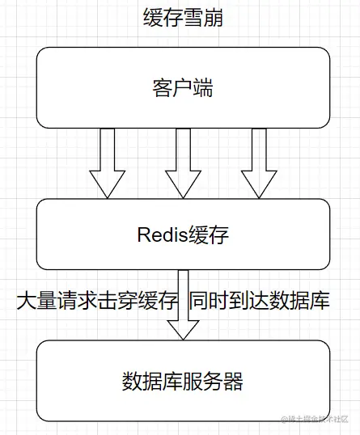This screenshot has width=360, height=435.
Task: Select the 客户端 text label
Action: pyautogui.click(x=183, y=87)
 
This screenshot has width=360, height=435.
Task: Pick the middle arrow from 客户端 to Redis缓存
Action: pyautogui.click(x=183, y=162)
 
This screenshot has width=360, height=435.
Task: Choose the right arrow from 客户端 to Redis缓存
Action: pyautogui.click(x=259, y=162)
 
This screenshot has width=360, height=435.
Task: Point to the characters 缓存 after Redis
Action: pyautogui.click(x=210, y=235)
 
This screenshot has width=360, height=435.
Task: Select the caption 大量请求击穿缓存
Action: pyautogui.click(x=96, y=302)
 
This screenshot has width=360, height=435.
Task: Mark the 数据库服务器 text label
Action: pyautogui.click(x=183, y=381)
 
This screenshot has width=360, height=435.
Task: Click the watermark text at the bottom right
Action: pyautogui.click(x=318, y=419)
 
